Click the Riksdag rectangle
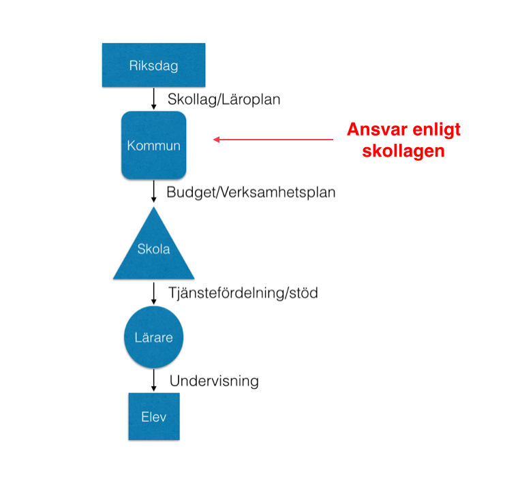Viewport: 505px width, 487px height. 153,65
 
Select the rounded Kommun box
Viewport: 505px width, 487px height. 153,145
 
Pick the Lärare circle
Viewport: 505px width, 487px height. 153,337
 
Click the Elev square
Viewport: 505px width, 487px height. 153,415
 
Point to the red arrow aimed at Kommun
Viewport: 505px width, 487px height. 273,140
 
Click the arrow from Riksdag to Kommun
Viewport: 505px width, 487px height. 154,99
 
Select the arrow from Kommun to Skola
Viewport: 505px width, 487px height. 154,191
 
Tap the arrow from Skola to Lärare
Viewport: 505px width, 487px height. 154,293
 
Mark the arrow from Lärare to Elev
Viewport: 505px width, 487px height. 154,379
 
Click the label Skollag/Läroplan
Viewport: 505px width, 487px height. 224,99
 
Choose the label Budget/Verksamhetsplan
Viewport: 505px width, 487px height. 251,192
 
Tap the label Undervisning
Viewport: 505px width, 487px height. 214,380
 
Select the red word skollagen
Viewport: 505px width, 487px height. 404,151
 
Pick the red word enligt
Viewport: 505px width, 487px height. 435,130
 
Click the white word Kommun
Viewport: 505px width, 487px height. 153,146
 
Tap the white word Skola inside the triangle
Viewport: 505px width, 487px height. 153,249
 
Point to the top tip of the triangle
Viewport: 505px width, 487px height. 153,208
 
